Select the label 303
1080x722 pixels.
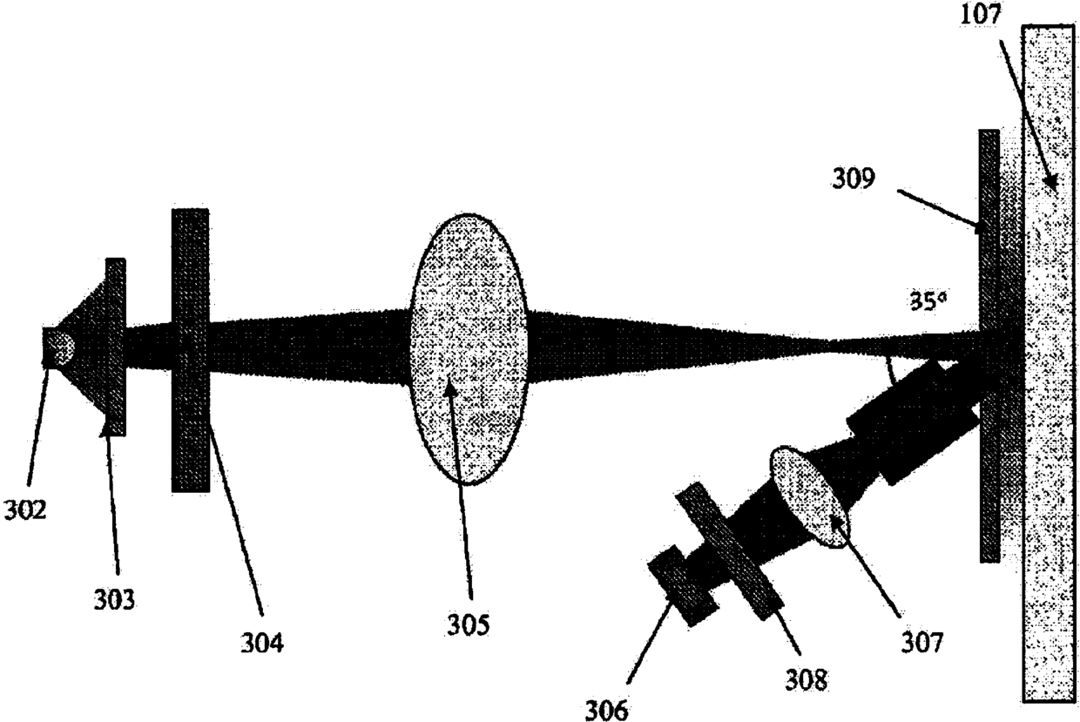[x=117, y=599]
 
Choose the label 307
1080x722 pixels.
[x=921, y=643]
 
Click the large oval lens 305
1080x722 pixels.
[x=469, y=348]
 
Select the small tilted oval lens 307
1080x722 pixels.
[x=809, y=496]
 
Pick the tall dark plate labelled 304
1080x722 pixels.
[x=190, y=350]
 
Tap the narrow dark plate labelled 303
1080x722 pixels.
[x=115, y=347]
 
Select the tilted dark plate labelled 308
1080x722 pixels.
[x=728, y=550]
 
